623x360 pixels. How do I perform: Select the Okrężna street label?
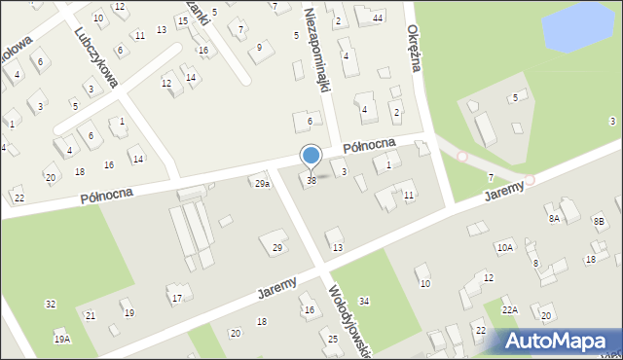pyautogui.click(x=413, y=44)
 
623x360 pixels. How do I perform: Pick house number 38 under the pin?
pyautogui.click(x=311, y=180)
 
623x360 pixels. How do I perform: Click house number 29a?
pyautogui.click(x=262, y=184)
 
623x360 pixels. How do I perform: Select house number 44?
pyautogui.click(x=377, y=18)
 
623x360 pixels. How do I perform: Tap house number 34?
pyautogui.click(x=364, y=302)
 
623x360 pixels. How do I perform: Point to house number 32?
pyautogui.click(x=51, y=305)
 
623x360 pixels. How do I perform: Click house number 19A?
pyautogui.click(x=62, y=339)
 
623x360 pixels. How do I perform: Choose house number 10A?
pyautogui.click(x=505, y=248)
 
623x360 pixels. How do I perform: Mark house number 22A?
pyautogui.click(x=510, y=309)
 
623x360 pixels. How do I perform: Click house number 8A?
pyautogui.click(x=554, y=219)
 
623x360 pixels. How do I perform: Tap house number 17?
pyautogui.click(x=176, y=298)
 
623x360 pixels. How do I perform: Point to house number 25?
pyautogui.click(x=333, y=339)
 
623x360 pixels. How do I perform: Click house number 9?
pyautogui.click(x=259, y=47)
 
